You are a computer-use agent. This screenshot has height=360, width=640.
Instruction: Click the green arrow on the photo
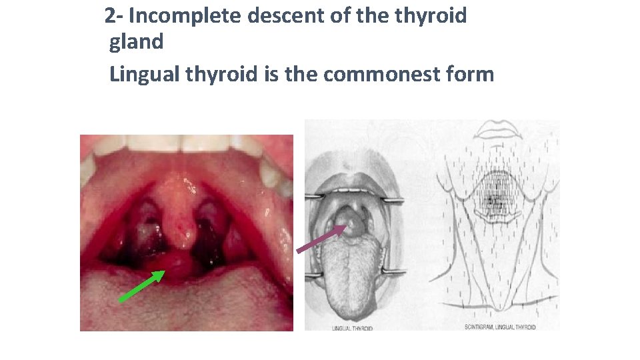pyautogui.click(x=141, y=286)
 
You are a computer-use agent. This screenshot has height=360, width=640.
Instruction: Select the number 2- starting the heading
pyautogui.click(x=114, y=16)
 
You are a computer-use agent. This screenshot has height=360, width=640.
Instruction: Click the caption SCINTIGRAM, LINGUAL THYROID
pyautogui.click(x=499, y=327)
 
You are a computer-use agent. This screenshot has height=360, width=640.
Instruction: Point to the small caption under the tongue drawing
pyautogui.click(x=352, y=328)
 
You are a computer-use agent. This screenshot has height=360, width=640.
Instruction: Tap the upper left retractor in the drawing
pyautogui.click(x=313, y=198)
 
